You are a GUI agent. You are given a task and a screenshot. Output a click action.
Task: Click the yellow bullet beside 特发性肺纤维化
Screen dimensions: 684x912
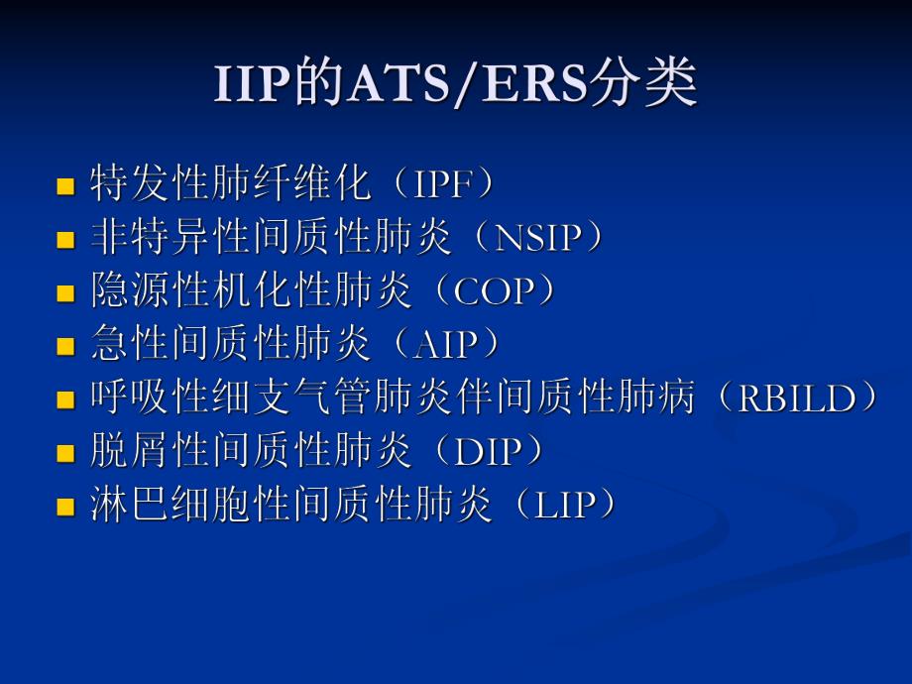[x=66, y=186]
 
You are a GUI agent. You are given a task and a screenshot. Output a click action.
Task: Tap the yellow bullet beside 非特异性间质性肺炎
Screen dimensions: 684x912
[x=66, y=240]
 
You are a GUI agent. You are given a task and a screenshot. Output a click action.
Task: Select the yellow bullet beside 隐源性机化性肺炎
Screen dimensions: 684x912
[x=66, y=293]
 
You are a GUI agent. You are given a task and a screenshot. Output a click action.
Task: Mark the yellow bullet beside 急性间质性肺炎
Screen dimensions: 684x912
[x=66, y=347]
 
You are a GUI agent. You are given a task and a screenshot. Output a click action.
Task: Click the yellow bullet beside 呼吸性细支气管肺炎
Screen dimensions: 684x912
[x=66, y=400]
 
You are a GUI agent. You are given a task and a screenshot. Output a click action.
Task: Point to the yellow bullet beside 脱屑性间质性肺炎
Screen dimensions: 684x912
[x=66, y=454]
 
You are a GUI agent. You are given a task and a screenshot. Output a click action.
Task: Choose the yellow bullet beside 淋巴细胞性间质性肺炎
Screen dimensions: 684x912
[x=66, y=508]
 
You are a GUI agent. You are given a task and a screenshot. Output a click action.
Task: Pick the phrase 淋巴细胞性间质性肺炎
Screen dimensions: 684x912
[x=291, y=507]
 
